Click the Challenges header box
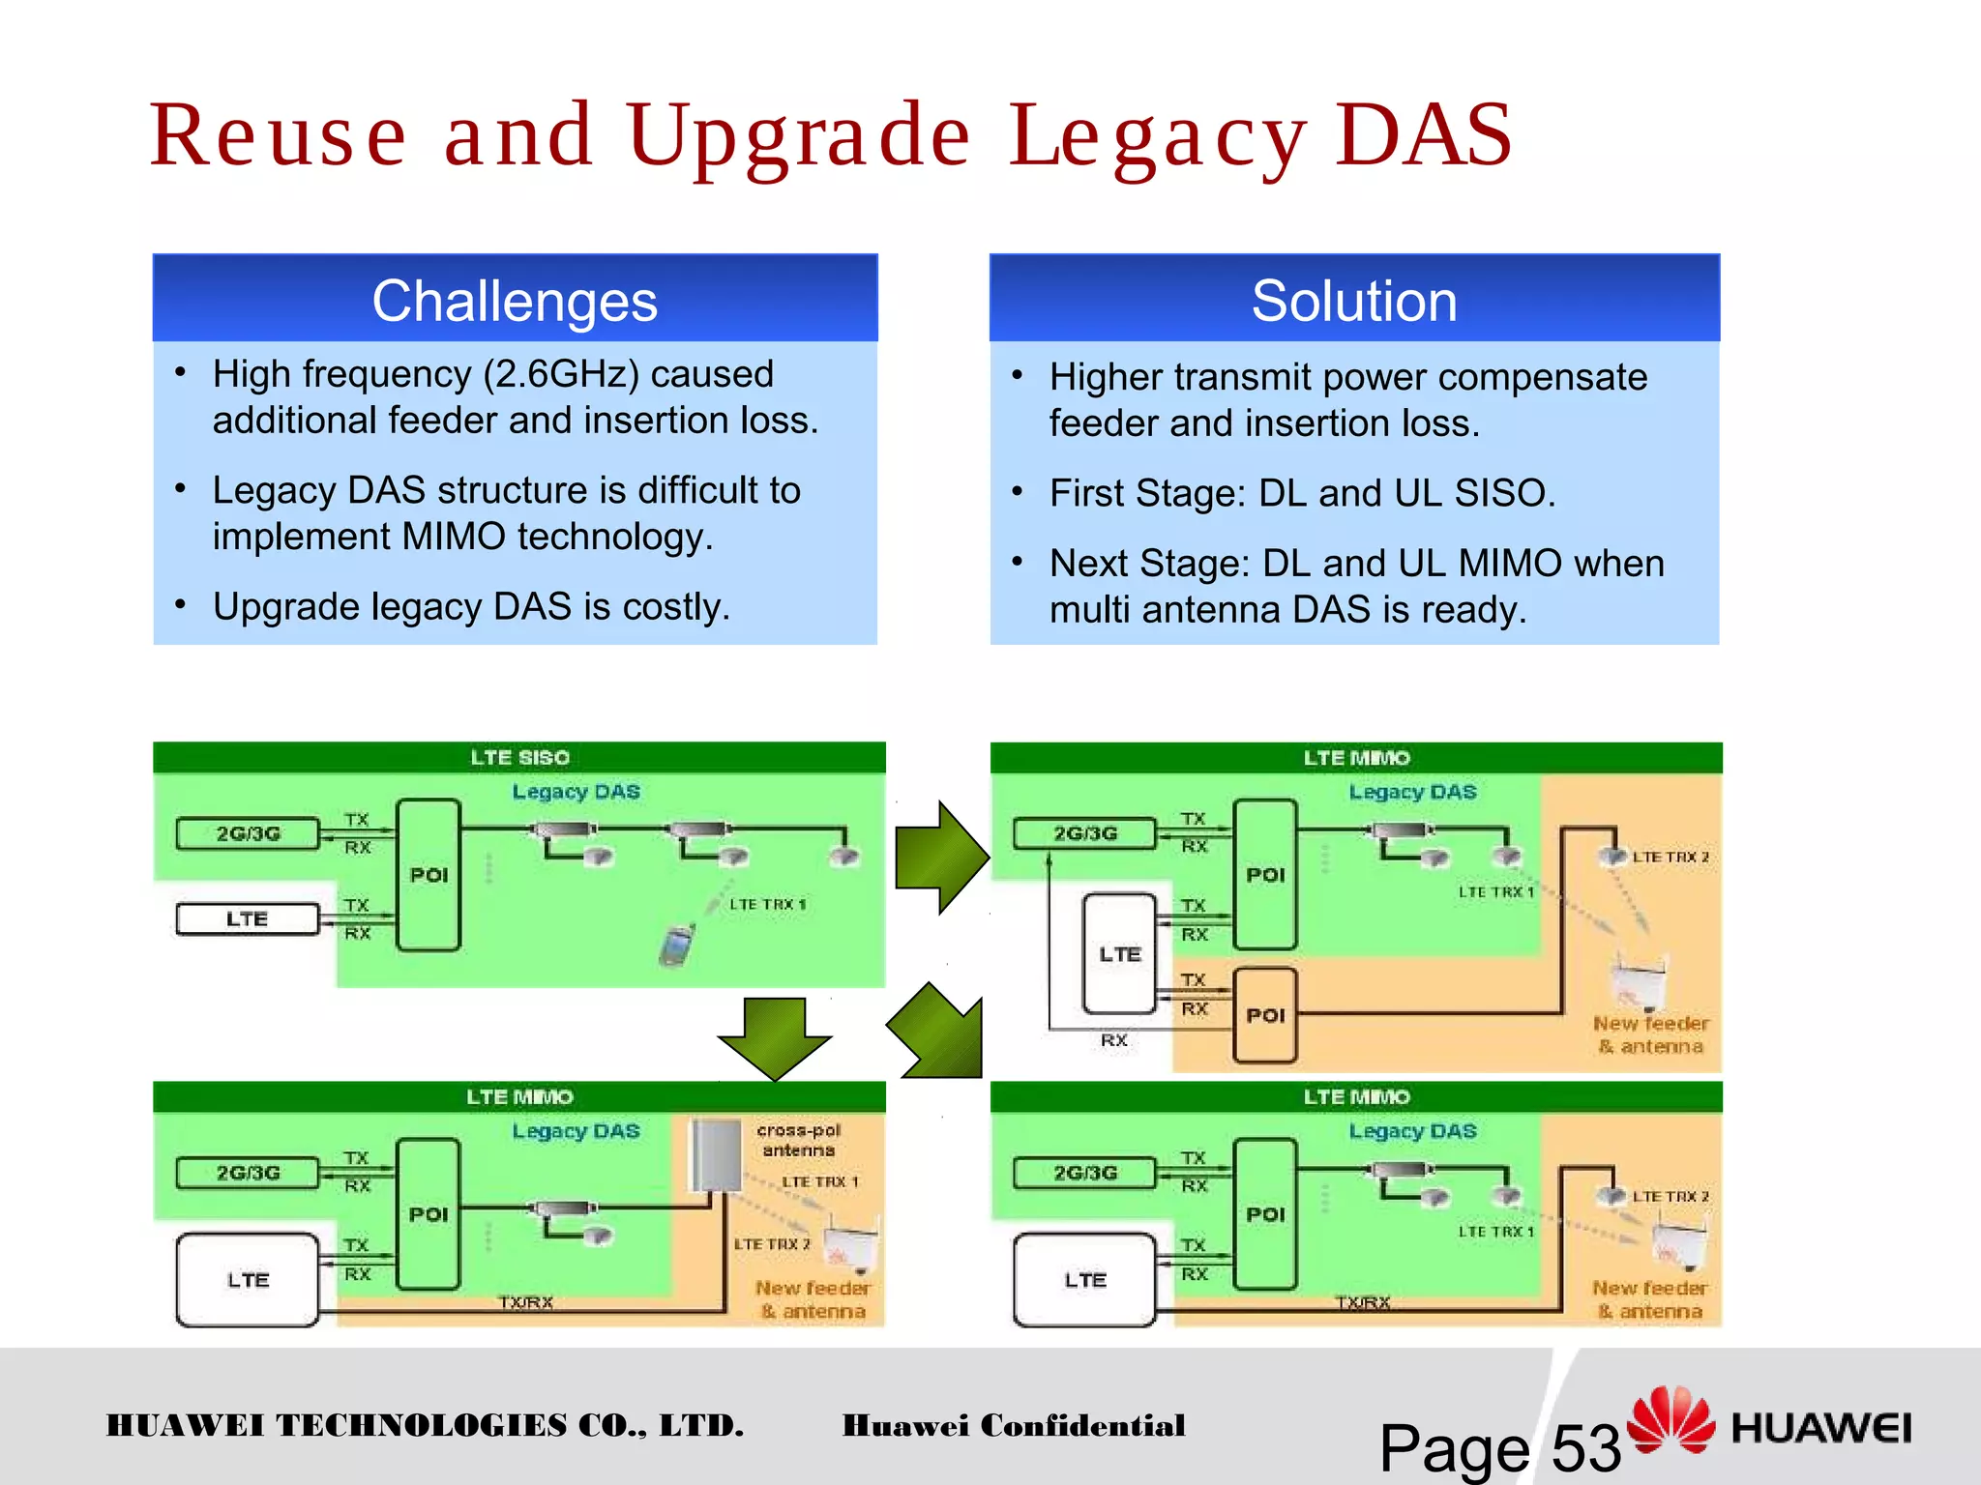tap(515, 300)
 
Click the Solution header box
tap(1354, 300)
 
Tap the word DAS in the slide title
tap(1424, 135)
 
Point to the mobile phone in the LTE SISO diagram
tap(676, 945)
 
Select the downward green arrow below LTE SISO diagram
tap(774, 1037)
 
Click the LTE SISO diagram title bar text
tap(519, 757)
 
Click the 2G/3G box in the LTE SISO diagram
tap(248, 833)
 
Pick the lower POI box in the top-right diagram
tap(1265, 1015)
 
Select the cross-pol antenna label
tap(798, 1140)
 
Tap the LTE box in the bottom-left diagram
tap(248, 1280)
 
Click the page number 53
tap(1585, 1448)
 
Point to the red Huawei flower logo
tap(1670, 1420)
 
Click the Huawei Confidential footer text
tap(1013, 1426)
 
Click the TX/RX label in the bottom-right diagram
tap(1362, 1302)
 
